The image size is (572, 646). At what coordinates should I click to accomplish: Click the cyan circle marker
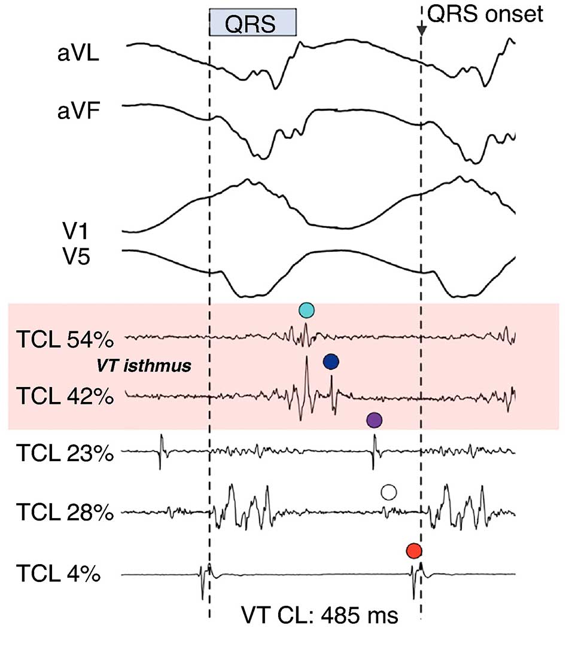pos(306,310)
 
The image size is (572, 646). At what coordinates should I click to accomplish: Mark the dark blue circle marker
pos(331,361)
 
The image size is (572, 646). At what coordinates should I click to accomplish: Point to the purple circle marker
pos(374,420)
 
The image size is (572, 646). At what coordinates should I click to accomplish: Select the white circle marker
pos(389,492)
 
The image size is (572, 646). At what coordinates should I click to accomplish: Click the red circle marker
pos(413,550)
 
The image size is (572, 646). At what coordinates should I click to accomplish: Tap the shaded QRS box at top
pos(253,22)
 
